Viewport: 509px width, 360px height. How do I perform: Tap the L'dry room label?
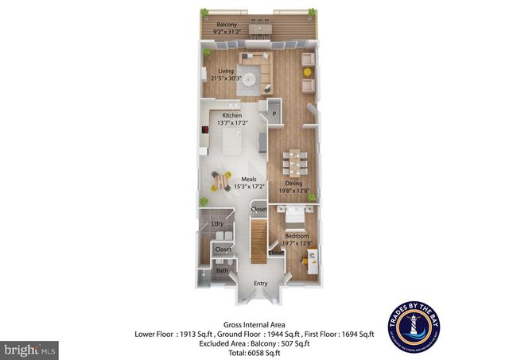click(218, 225)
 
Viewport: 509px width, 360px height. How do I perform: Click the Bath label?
click(223, 270)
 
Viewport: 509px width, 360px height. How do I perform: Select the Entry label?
click(260, 284)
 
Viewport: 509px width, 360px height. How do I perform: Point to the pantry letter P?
click(274, 114)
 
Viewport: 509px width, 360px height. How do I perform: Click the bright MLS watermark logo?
click(30, 348)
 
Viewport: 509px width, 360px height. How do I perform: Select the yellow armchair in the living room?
click(307, 72)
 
